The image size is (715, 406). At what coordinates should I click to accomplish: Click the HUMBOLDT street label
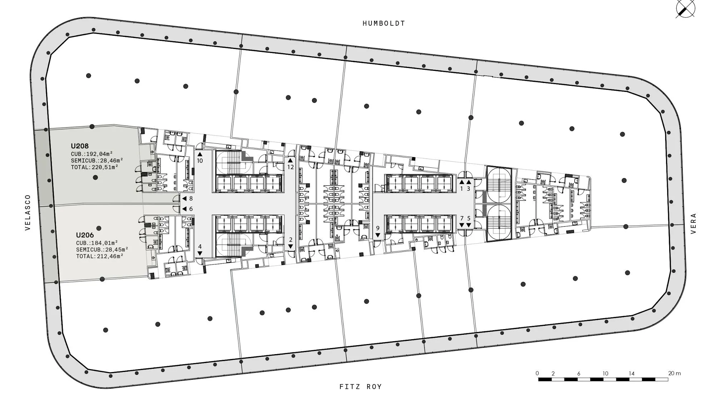pos(384,24)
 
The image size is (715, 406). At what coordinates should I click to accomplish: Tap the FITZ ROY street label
pos(360,387)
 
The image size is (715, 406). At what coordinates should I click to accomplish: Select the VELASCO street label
pos(28,212)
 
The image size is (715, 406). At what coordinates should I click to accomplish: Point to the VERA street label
pos(694,224)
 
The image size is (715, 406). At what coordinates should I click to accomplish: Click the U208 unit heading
pos(80,146)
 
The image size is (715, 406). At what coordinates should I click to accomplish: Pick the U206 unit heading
pos(85,235)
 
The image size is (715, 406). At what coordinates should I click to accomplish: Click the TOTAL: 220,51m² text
pos(94,167)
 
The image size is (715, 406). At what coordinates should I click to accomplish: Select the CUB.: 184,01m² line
pos(97,243)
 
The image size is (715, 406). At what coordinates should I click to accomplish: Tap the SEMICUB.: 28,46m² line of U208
pos(97,160)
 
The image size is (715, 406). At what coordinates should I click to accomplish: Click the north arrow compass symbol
pos(685,9)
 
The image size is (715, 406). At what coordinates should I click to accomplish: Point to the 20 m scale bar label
pos(675,373)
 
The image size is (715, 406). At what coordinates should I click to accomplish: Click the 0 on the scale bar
pos(537,373)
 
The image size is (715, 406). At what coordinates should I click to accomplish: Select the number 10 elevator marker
pos(200,161)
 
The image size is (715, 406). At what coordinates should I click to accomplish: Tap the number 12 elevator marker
pos(290,167)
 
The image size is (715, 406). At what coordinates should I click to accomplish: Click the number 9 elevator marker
pos(378,228)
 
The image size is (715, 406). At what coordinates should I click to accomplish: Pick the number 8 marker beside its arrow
pos(191,199)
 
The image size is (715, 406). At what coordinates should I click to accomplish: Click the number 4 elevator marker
pos(200,246)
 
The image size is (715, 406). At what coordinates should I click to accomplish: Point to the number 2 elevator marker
pos(291,240)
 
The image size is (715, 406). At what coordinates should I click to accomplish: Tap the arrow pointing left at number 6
pos(184,209)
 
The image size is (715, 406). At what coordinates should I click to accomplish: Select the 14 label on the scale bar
pos(632,373)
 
